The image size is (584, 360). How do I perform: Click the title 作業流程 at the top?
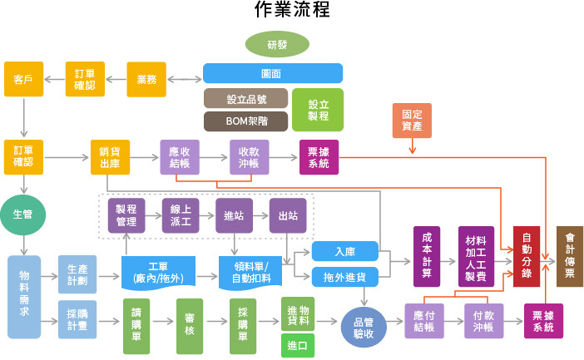click(x=292, y=11)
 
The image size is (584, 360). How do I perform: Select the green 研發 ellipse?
click(x=277, y=44)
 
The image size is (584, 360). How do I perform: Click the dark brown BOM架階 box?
click(x=245, y=121)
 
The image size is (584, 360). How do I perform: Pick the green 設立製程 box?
click(x=318, y=110)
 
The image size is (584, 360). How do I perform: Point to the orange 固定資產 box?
click(x=412, y=121)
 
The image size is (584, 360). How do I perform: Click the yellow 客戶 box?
click(x=23, y=79)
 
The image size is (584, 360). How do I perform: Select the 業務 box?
click(x=146, y=79)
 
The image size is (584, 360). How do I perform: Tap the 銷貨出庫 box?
click(x=110, y=157)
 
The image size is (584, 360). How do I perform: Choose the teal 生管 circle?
click(x=22, y=215)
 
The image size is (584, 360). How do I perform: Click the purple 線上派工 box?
click(x=181, y=215)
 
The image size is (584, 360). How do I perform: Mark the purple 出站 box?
click(x=288, y=215)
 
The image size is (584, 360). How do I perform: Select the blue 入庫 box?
click(x=345, y=250)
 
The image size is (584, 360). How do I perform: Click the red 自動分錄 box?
click(x=527, y=256)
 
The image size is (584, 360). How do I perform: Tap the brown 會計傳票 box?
click(x=569, y=256)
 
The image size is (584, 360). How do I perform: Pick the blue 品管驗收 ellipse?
click(x=364, y=328)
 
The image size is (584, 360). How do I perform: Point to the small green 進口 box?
click(x=297, y=345)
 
